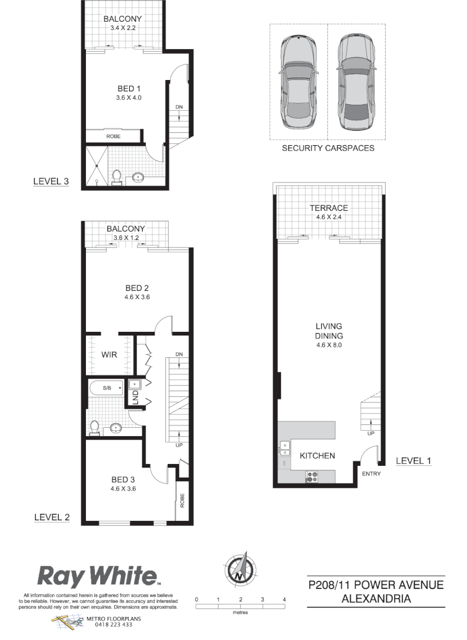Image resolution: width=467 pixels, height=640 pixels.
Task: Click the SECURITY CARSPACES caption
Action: (x=328, y=148)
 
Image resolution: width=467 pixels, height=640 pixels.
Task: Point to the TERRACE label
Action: (x=328, y=208)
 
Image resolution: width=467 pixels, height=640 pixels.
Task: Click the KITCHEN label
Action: (x=318, y=456)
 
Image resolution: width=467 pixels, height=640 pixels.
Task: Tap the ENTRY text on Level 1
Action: (x=371, y=473)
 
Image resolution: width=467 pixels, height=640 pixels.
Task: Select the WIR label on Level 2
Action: (x=108, y=354)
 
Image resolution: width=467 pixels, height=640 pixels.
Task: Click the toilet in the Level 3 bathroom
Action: (x=117, y=177)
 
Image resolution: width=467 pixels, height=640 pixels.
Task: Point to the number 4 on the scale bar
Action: (x=284, y=600)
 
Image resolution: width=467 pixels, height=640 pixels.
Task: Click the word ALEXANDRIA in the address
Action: (x=376, y=599)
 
